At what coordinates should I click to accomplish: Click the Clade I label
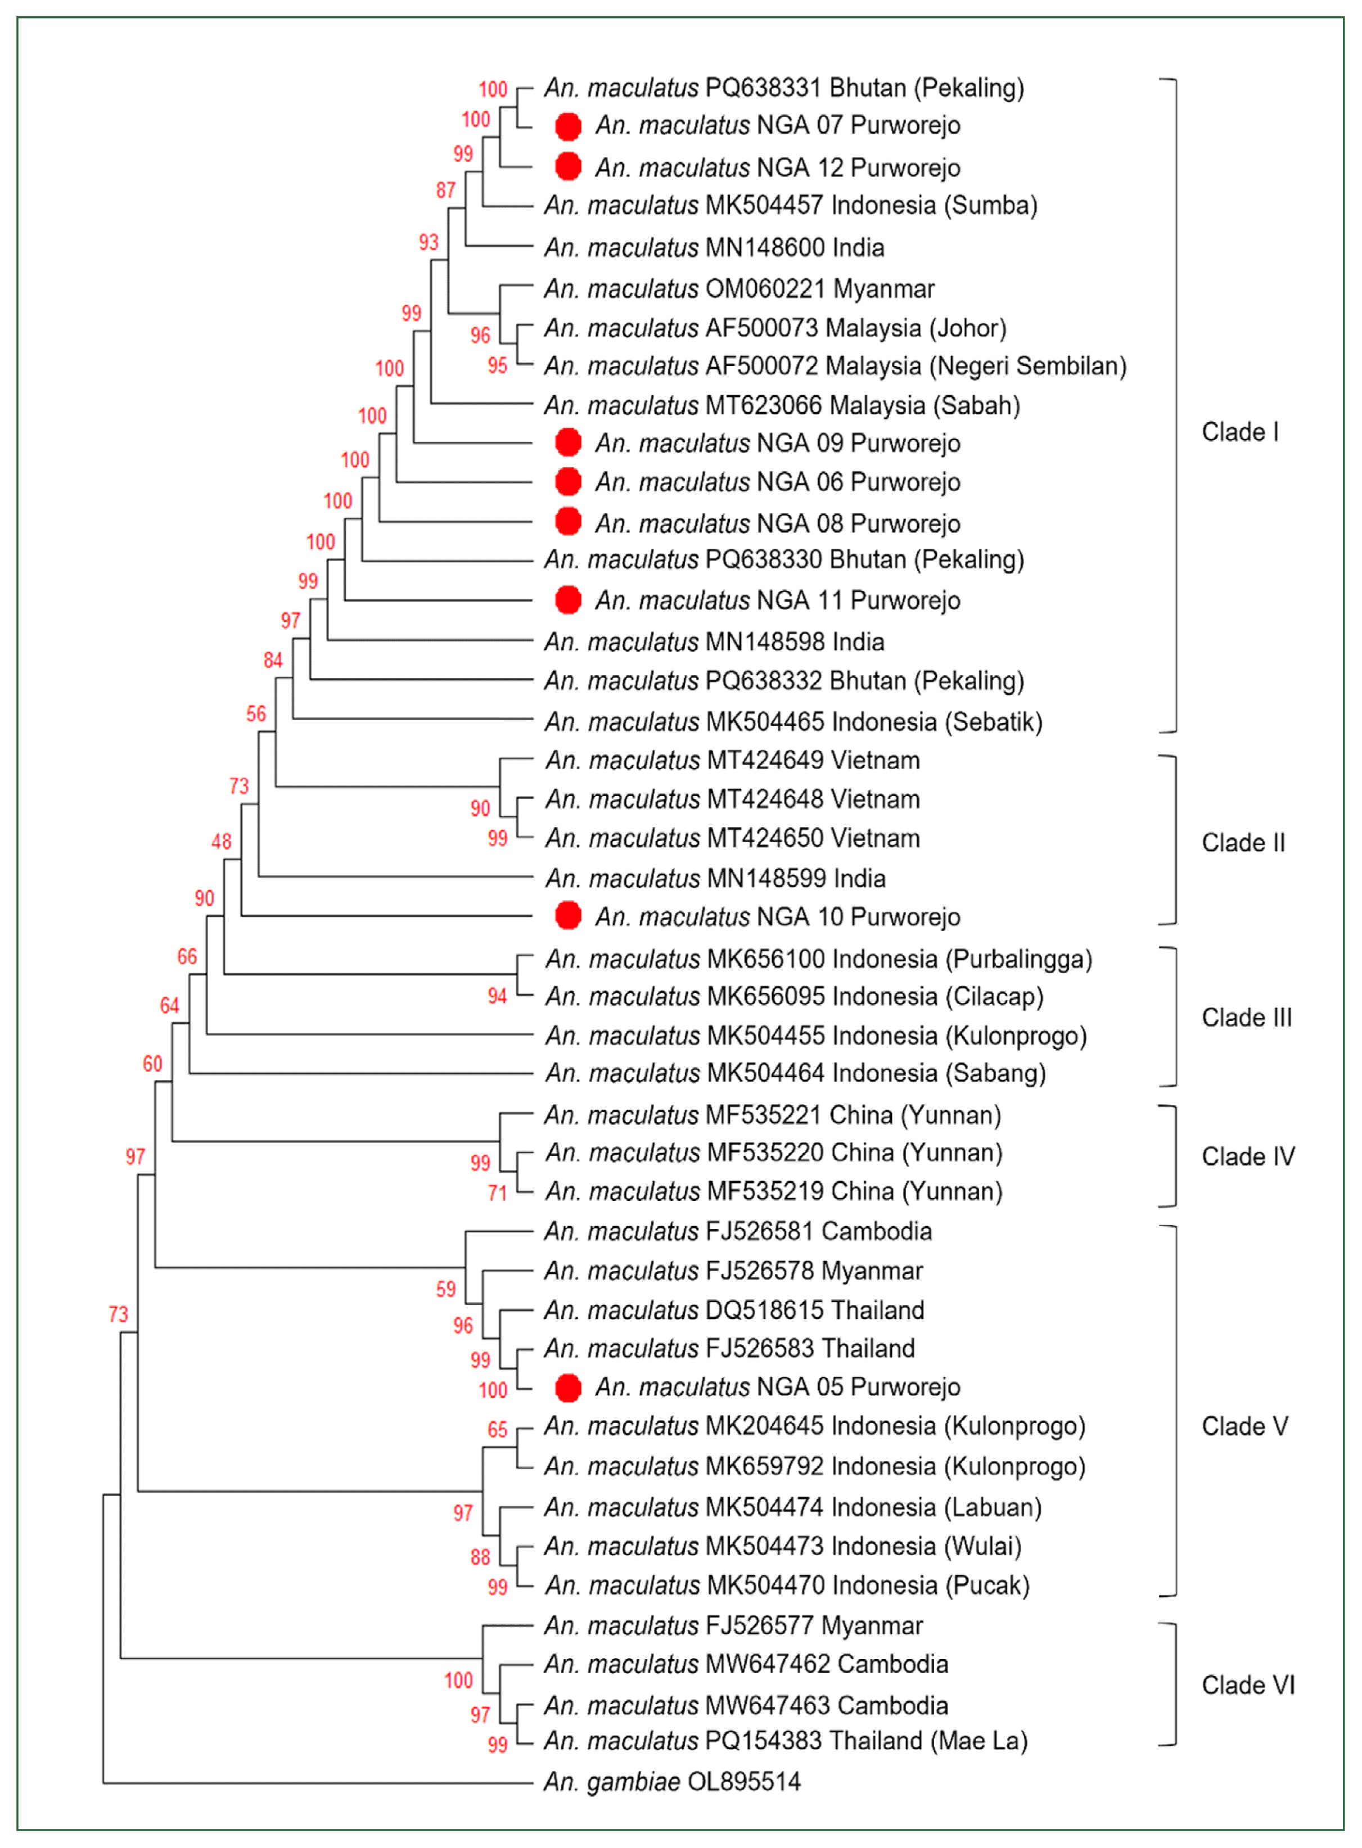coord(1239,432)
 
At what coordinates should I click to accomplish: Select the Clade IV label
coord(1247,1156)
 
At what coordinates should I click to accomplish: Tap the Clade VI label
coord(1247,1685)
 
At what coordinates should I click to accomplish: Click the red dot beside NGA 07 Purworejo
coord(568,126)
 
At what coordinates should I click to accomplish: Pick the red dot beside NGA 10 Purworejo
coord(568,916)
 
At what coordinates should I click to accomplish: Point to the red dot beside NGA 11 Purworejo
coord(568,600)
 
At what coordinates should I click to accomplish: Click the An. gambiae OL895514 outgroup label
coord(672,1782)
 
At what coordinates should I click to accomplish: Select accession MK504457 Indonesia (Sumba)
coord(790,205)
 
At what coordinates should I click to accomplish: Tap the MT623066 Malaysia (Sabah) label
coord(782,405)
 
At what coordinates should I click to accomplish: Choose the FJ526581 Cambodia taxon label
coord(738,1231)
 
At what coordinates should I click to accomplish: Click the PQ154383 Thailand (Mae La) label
coord(785,1740)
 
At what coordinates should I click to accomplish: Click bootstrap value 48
coord(221,842)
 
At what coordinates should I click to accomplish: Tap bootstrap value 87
coord(445,191)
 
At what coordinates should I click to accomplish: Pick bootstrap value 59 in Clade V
coord(445,1289)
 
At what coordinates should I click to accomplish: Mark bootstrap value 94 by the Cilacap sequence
coord(497,997)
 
